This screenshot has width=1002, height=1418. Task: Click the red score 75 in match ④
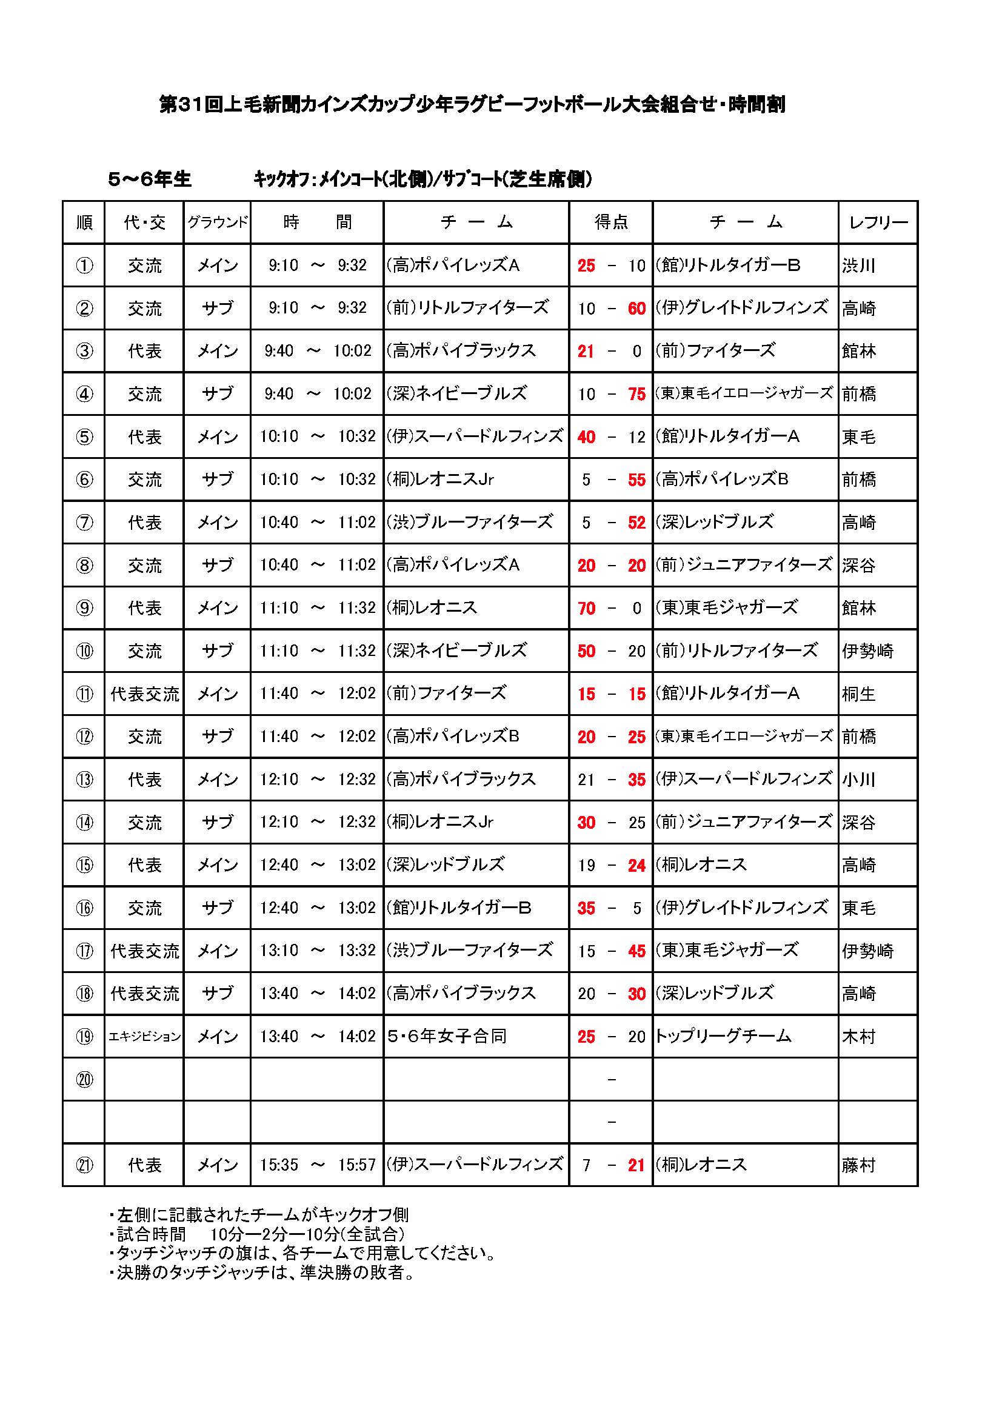pyautogui.click(x=636, y=394)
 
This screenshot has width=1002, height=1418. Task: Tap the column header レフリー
pyautogui.click(x=878, y=222)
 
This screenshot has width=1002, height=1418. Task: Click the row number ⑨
pyautogui.click(x=84, y=608)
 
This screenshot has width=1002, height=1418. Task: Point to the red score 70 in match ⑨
pyautogui.click(x=586, y=608)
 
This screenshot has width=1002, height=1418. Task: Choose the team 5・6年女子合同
pyautogui.click(x=447, y=1036)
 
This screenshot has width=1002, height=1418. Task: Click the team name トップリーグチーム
pyautogui.click(x=723, y=1036)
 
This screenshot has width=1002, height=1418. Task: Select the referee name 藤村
pyautogui.click(x=859, y=1165)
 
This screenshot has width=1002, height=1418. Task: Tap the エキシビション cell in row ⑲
pyautogui.click(x=144, y=1036)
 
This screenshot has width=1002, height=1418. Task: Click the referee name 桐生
pyautogui.click(x=859, y=694)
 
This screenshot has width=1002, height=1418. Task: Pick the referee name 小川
pyautogui.click(x=859, y=780)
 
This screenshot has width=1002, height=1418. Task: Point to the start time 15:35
pyautogui.click(x=279, y=1165)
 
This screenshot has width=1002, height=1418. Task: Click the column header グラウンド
pyautogui.click(x=218, y=222)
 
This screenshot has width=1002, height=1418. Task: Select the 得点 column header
pyautogui.click(x=610, y=222)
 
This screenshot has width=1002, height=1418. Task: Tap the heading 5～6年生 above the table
pyautogui.click(x=149, y=179)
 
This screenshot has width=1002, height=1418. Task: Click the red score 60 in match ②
pyautogui.click(x=636, y=308)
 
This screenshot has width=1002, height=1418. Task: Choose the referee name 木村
pyautogui.click(x=859, y=1036)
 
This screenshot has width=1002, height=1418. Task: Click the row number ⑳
pyautogui.click(x=84, y=1080)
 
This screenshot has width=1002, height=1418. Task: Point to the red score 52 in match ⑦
pyautogui.click(x=636, y=523)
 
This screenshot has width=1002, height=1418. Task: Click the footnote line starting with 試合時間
pyautogui.click(x=259, y=1234)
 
